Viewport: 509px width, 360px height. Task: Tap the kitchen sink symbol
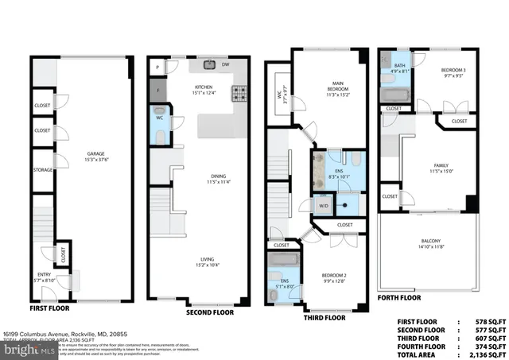(210, 64)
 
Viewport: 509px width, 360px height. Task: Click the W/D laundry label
(324, 207)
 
